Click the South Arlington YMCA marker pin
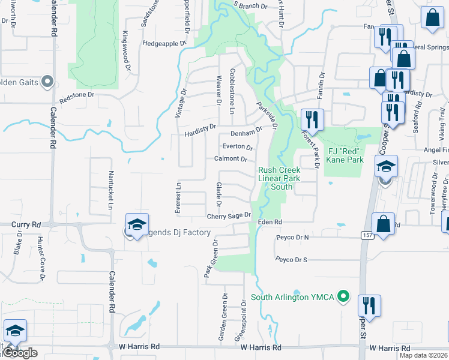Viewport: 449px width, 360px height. pos(343,296)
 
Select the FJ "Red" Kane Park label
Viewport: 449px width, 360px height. pos(345,155)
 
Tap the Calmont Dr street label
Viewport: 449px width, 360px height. pos(231,159)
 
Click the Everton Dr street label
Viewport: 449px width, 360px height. pos(238,146)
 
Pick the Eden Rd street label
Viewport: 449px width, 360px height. pos(270,222)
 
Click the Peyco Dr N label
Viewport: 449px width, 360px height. pos(292,238)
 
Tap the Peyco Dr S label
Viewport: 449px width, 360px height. pos(292,259)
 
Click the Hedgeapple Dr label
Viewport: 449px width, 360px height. pos(164,44)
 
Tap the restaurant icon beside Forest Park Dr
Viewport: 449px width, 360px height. pos(314,119)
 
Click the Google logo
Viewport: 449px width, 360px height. pos(20,353)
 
